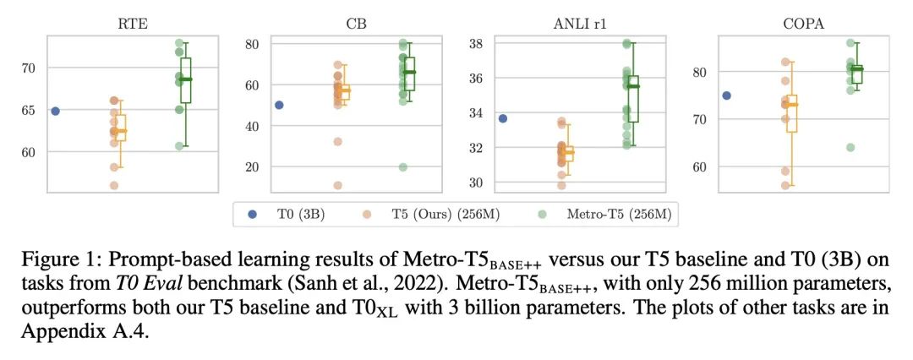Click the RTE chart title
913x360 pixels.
[x=132, y=25]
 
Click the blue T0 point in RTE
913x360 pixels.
[x=55, y=112]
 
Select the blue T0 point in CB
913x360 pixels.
[x=279, y=106]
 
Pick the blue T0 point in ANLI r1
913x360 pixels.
[x=502, y=118]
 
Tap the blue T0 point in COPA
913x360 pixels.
[x=726, y=95]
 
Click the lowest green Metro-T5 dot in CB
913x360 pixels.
[x=402, y=167]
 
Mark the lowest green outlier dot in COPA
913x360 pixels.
[x=850, y=147]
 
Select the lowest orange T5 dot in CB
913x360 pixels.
[x=337, y=185]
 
